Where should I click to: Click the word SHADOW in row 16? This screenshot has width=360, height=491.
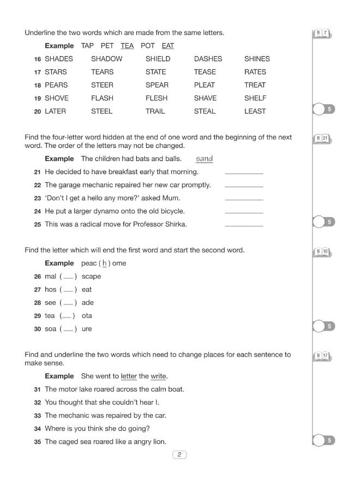coord(106,59)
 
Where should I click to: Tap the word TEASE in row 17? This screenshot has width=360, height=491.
coord(205,72)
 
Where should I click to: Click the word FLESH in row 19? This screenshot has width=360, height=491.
coord(157,98)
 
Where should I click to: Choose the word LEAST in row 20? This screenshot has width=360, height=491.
coord(255,111)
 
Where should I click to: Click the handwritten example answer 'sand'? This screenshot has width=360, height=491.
coord(204,159)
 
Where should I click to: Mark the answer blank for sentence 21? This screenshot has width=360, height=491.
coord(244,173)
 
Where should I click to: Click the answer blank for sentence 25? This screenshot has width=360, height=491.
coord(244,225)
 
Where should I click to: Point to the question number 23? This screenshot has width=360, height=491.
coord(37,198)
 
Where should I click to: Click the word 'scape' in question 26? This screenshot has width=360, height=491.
coord(91,277)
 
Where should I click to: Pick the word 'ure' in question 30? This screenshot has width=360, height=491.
coord(87,329)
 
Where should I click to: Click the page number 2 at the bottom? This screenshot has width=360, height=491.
coord(179,454)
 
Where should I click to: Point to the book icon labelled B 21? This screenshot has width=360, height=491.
coord(322,139)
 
